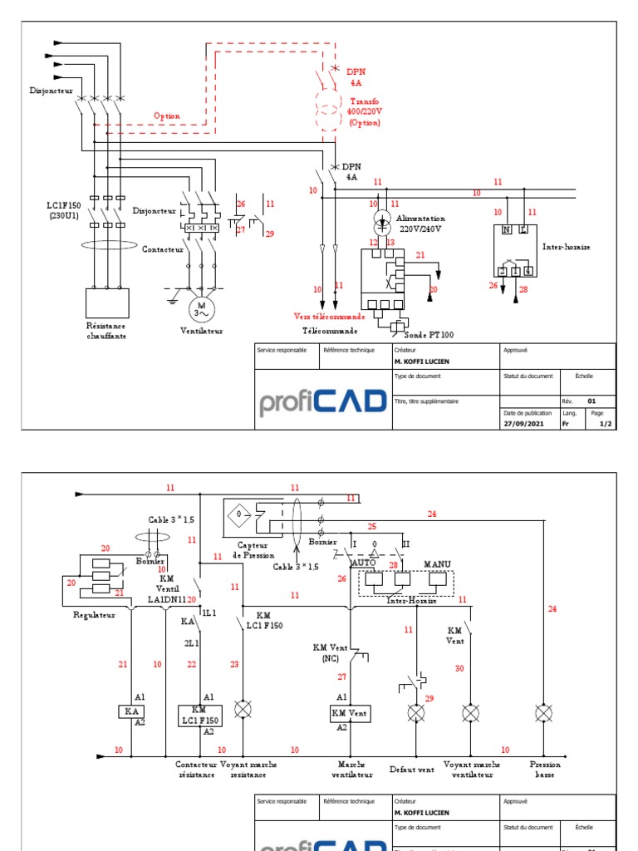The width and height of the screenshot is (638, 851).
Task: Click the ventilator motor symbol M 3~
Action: click(x=199, y=309)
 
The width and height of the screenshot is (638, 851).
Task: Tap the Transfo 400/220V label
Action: click(x=363, y=112)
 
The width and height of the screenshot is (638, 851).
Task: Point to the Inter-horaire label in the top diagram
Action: click(x=567, y=247)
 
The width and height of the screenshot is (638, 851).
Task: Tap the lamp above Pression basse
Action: click(x=543, y=713)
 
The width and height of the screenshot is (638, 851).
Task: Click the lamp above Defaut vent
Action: click(x=415, y=713)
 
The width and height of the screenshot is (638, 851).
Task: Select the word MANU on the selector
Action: click(x=437, y=564)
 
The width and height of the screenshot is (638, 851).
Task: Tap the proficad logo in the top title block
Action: click(x=322, y=402)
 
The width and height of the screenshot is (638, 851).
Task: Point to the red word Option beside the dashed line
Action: click(x=166, y=116)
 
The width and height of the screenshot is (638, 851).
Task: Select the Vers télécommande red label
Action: click(x=329, y=316)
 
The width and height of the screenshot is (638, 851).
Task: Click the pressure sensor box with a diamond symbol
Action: click(x=240, y=514)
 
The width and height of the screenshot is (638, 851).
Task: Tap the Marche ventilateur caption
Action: click(x=347, y=770)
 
